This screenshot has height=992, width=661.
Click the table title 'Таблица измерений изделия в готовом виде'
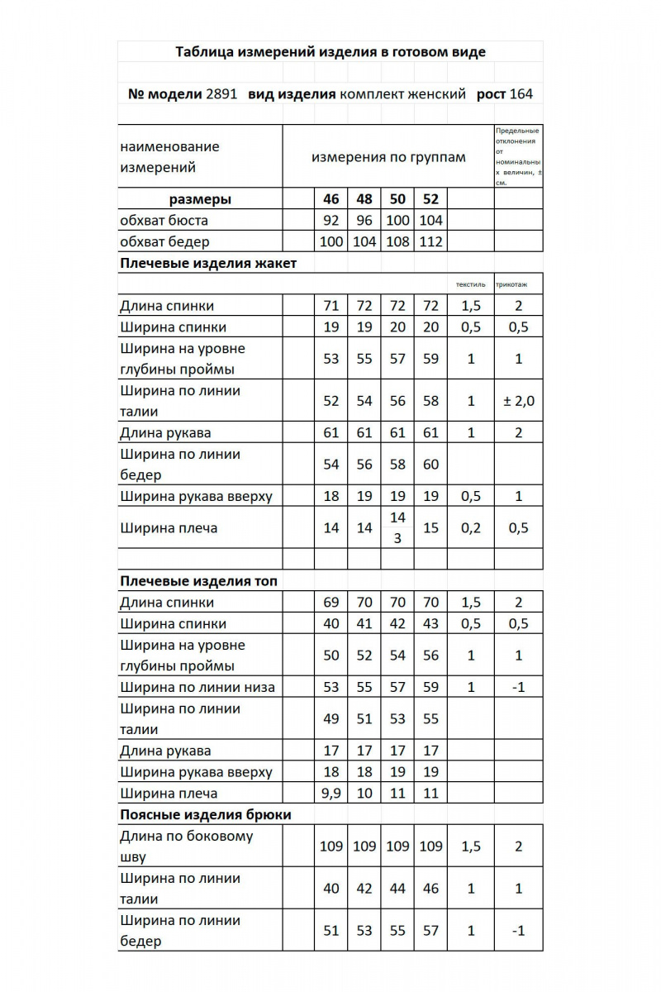[x=330, y=52]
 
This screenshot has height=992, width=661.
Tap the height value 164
[x=521, y=93]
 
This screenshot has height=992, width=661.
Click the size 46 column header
[x=330, y=199]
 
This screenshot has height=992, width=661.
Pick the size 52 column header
[x=430, y=199]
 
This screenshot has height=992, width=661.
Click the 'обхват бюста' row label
[x=164, y=221]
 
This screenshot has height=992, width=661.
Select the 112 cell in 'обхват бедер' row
[x=430, y=242]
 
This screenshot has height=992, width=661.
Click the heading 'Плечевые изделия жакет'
[x=208, y=264]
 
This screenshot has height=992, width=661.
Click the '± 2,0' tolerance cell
[x=519, y=401]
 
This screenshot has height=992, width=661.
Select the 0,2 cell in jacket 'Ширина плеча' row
[x=470, y=527]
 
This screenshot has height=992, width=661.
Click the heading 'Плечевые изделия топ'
[x=198, y=581]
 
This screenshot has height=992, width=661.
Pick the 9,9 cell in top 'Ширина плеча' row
[x=330, y=794]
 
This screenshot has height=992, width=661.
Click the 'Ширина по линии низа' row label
[x=197, y=687]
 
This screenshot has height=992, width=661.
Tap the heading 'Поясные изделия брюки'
[x=205, y=814]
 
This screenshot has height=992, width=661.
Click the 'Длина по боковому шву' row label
[x=187, y=846]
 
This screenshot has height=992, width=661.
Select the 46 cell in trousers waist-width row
[x=430, y=889]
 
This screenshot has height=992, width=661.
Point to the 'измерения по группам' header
[x=388, y=157]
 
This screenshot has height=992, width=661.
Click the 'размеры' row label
[x=200, y=199]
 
